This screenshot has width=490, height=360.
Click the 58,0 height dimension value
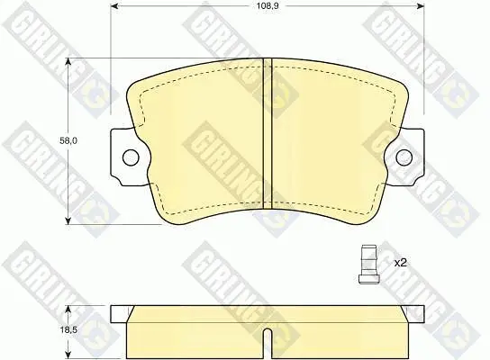click(x=68, y=140)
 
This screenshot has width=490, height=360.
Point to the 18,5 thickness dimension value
click(x=68, y=329)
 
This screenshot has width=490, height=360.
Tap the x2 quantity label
click(x=400, y=263)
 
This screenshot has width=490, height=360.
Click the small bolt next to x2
click(x=368, y=264)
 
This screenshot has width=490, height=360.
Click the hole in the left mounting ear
click(x=131, y=157)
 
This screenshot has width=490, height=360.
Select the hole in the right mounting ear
click(x=404, y=157)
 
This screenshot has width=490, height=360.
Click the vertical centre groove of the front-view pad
click(x=268, y=133)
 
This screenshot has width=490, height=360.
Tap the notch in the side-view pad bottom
click(x=268, y=344)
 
